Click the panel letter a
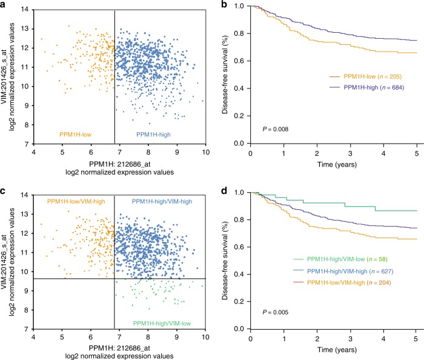coord(4,5)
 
